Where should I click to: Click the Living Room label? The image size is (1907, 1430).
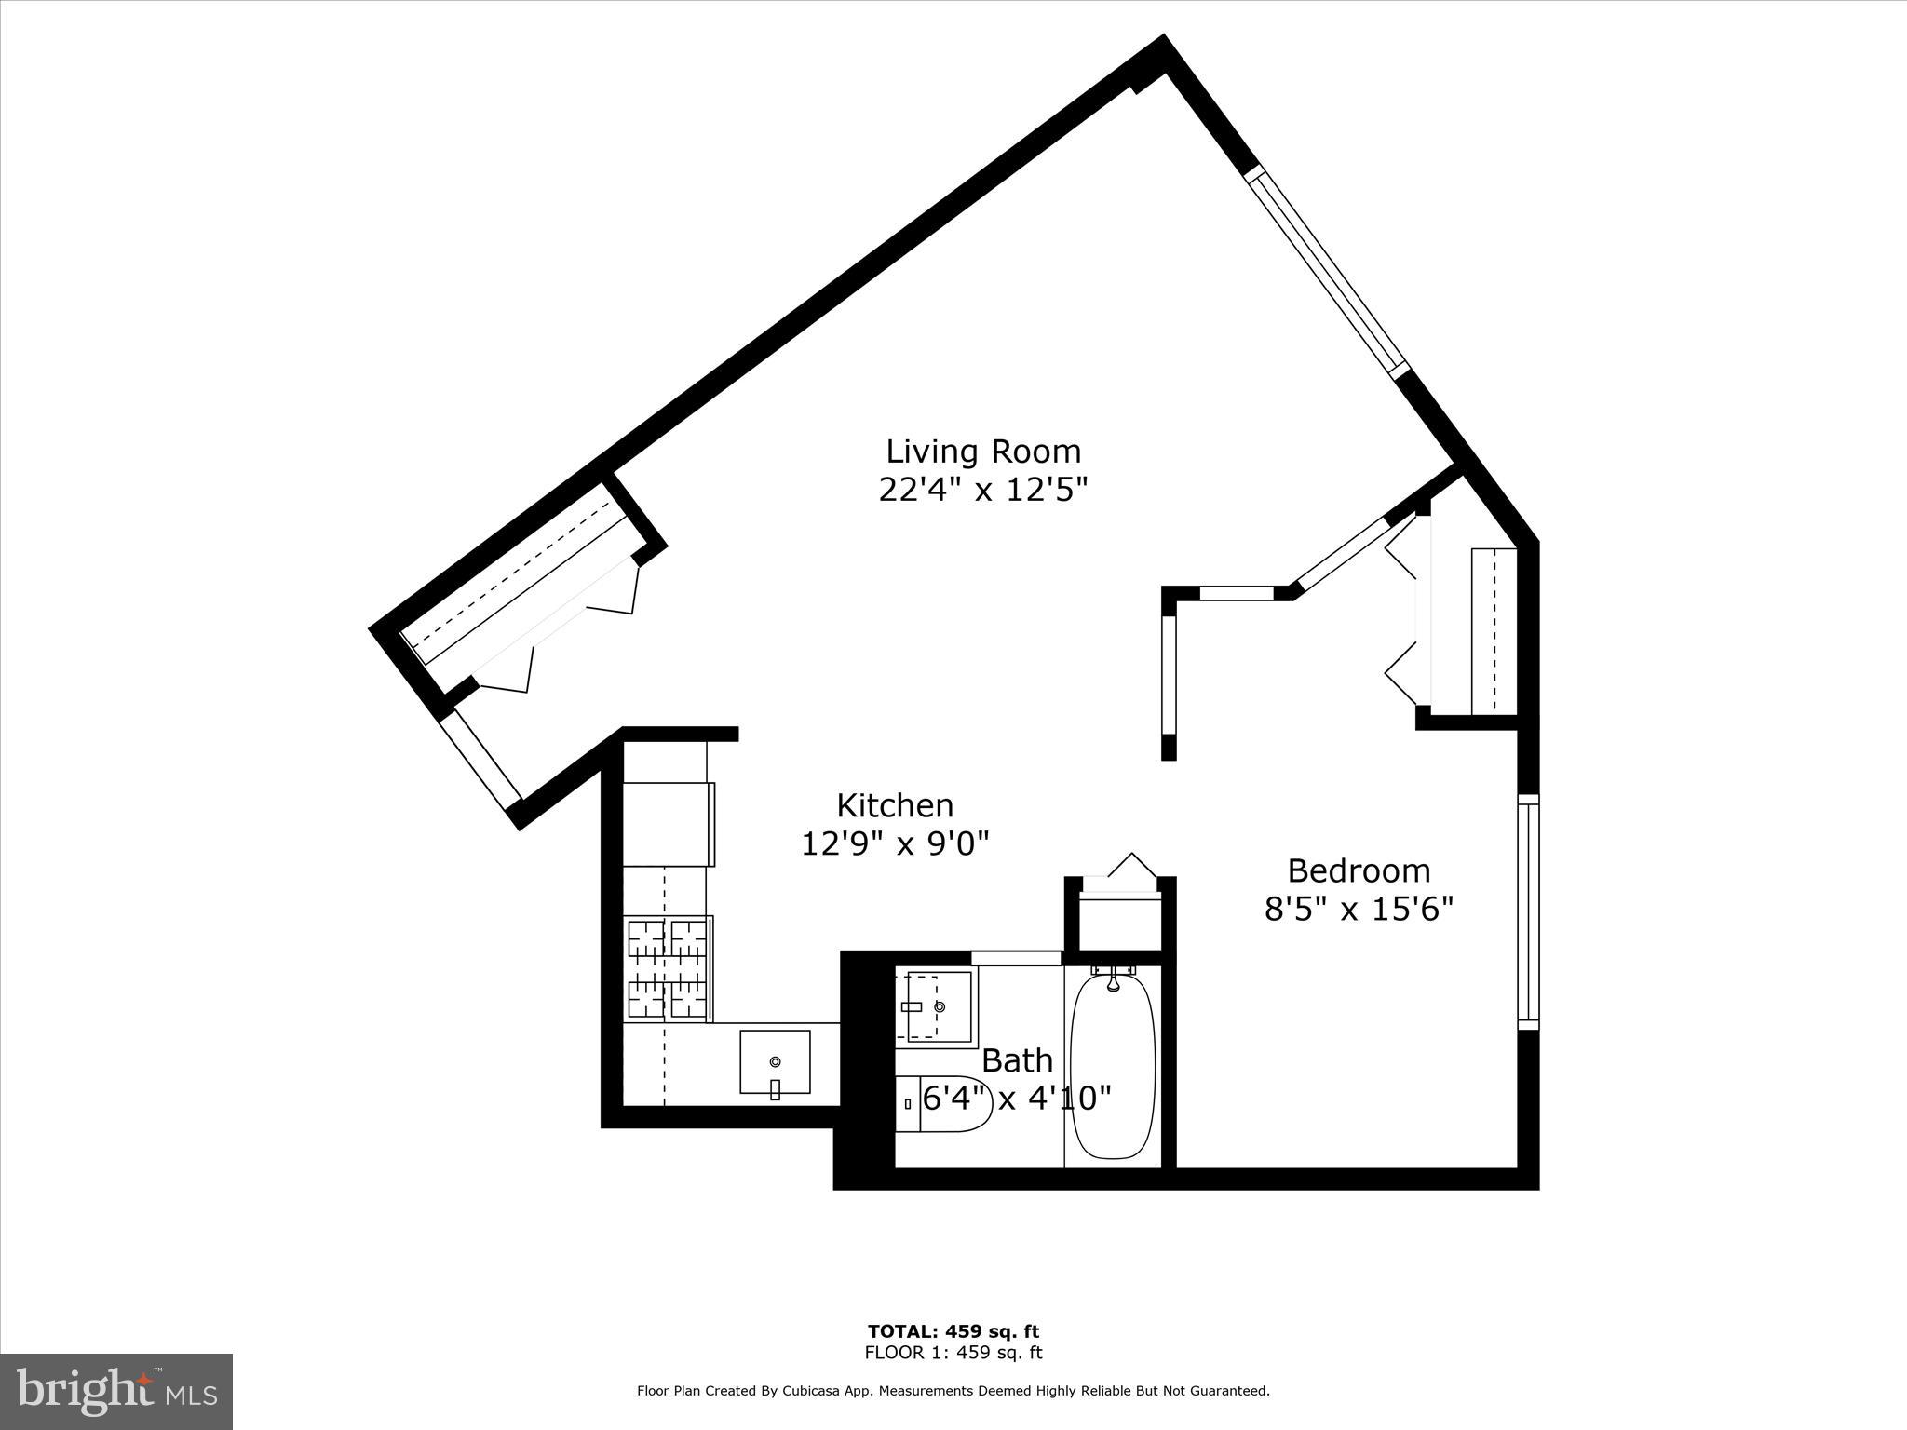(x=982, y=452)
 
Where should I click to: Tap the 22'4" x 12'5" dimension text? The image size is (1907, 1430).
(x=982, y=490)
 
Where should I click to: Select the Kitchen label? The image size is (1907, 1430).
(x=895, y=805)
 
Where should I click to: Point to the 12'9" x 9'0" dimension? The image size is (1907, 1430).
(x=895, y=843)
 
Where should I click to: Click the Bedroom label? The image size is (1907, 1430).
(x=1359, y=870)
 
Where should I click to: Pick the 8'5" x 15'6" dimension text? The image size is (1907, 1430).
(x=1359, y=909)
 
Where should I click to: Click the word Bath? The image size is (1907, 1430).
(x=1017, y=1060)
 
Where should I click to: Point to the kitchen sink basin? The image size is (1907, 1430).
(x=775, y=1061)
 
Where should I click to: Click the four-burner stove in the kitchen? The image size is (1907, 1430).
(x=668, y=968)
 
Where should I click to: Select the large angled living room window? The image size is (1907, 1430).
(x=1326, y=271)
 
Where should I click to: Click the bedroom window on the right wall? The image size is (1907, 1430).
(x=1528, y=912)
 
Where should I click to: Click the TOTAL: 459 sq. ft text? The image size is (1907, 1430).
(x=953, y=1331)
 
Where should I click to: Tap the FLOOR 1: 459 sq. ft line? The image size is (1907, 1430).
(x=953, y=1353)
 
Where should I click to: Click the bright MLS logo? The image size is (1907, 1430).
(x=115, y=1392)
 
